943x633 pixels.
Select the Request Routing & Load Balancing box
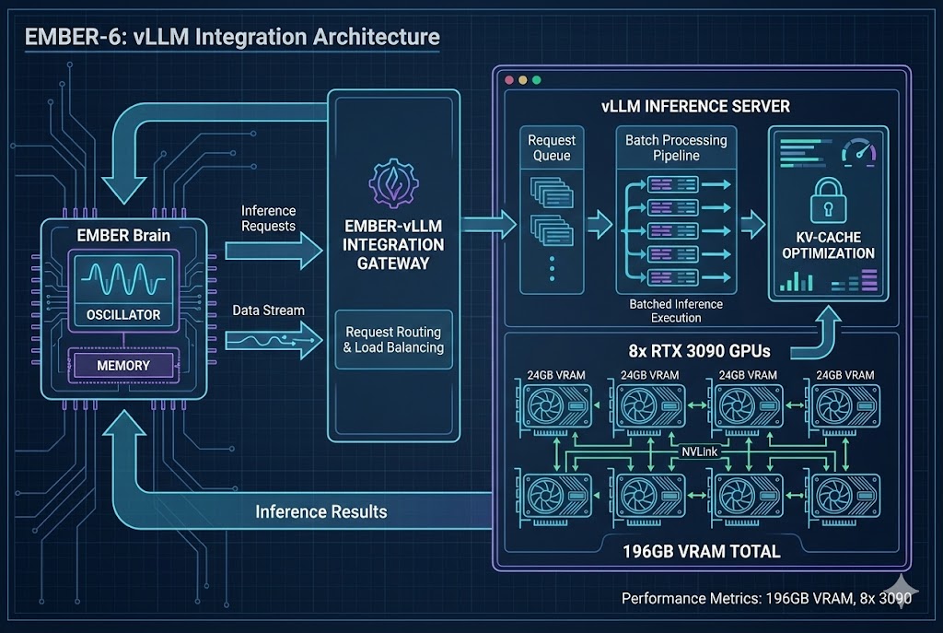point(393,339)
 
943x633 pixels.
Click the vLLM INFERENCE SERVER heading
point(695,106)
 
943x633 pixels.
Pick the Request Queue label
point(552,148)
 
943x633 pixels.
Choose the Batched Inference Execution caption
point(676,311)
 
